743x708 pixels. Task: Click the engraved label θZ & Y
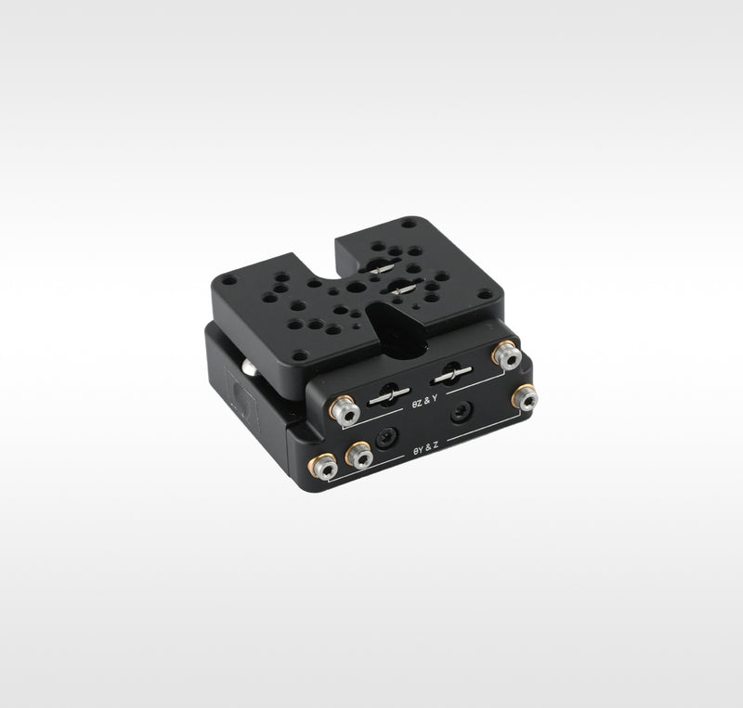pos(424,401)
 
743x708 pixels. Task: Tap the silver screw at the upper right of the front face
pos(507,355)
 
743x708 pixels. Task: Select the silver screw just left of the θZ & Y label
pos(345,410)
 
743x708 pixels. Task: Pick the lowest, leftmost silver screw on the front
pos(322,466)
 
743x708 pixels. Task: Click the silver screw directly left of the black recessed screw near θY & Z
pos(359,455)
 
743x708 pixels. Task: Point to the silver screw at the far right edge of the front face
pos(525,398)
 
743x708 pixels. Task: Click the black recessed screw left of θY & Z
pos(387,438)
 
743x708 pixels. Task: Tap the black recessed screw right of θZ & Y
pos(461,412)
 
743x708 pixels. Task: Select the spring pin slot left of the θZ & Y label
pos(389,394)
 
